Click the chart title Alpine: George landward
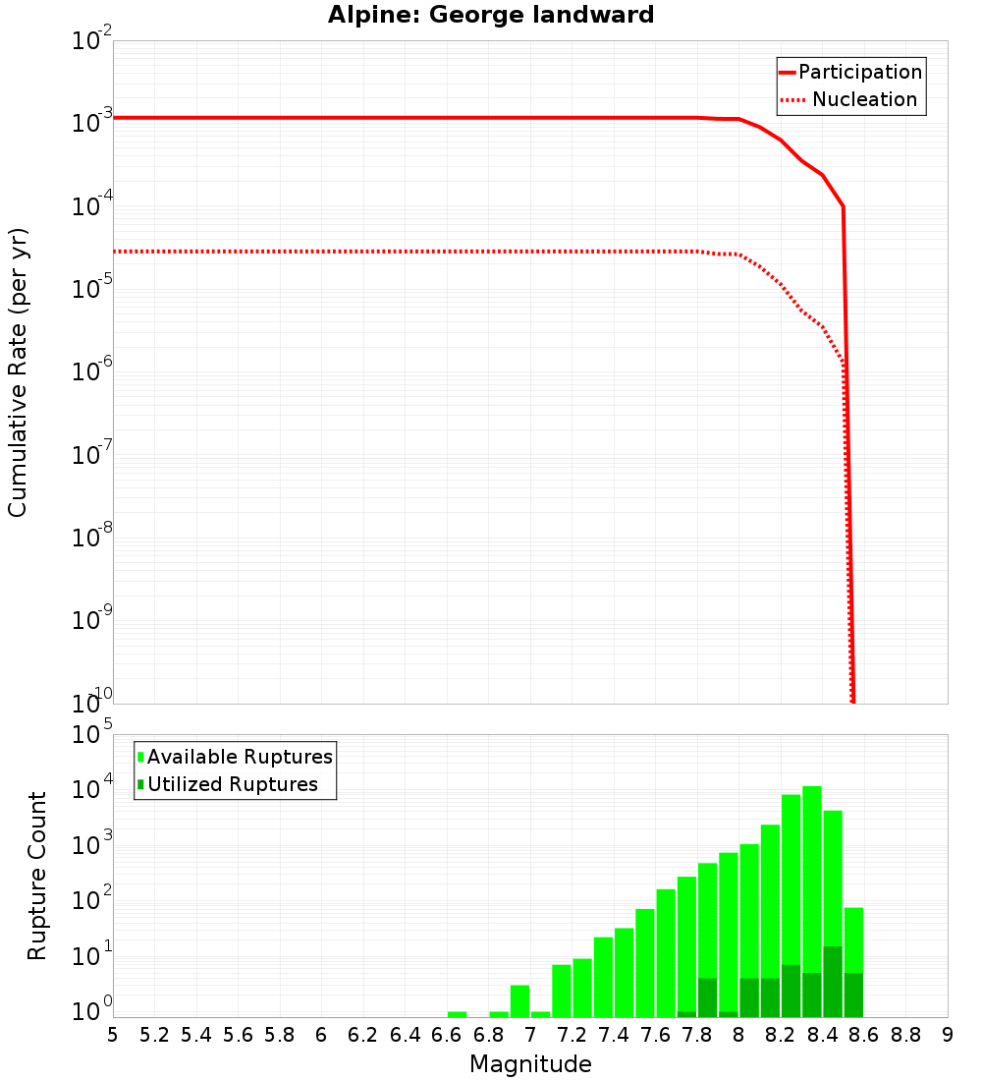coord(491,15)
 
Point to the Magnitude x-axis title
coord(530,1064)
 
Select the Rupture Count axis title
coord(37,875)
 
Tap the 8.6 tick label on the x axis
coord(863,1034)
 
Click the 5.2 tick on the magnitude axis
coord(154,1034)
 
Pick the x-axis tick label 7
coord(530,1034)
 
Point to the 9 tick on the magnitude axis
coord(948,1034)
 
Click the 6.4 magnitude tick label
coord(405,1034)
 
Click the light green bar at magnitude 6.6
coord(457,1014)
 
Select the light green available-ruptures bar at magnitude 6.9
coord(519,1000)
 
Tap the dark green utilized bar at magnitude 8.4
coord(833,982)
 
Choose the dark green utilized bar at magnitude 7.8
coord(707,997)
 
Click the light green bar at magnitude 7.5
coord(645,963)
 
